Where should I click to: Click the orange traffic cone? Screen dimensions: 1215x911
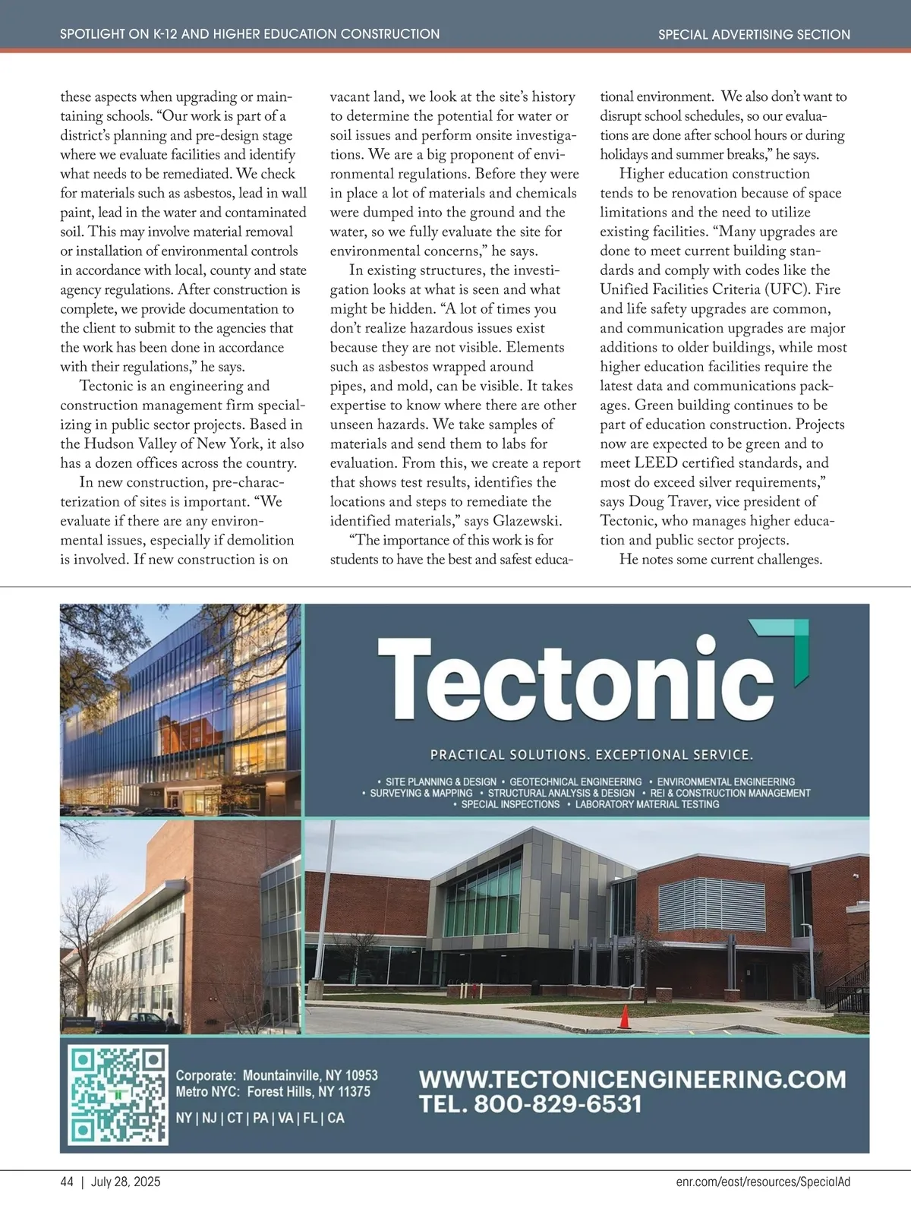[x=625, y=1017]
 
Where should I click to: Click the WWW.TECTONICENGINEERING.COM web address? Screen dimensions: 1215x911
[x=632, y=1079]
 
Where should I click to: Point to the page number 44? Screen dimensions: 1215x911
[x=67, y=1182]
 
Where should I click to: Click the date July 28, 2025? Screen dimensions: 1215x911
[x=126, y=1182]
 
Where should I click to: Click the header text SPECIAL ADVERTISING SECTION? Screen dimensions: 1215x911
[x=754, y=34]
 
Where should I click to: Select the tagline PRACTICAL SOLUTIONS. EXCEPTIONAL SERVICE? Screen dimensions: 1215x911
[x=591, y=755]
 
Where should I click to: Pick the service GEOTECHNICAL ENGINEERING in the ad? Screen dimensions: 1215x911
[x=575, y=781]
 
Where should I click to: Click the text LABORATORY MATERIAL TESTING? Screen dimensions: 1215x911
[x=647, y=804]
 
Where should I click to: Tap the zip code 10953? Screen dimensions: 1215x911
[x=361, y=1075]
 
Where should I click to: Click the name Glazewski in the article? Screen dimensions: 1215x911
[x=528, y=521]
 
